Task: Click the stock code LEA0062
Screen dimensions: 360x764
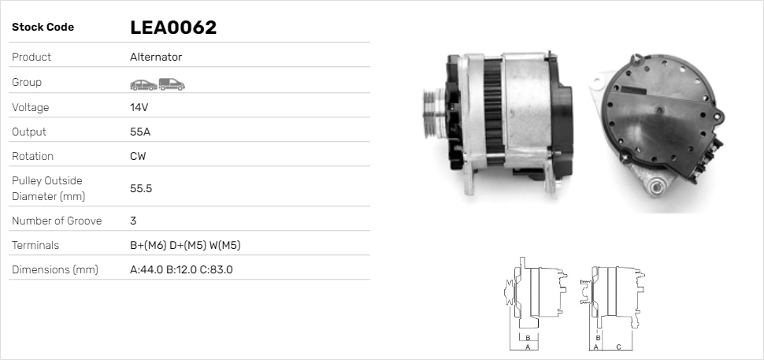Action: click(172, 28)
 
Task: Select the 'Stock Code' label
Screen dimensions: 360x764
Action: click(43, 28)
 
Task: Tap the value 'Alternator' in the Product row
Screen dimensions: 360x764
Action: click(156, 58)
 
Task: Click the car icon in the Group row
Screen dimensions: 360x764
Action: click(143, 84)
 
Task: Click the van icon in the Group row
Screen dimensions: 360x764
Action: click(171, 84)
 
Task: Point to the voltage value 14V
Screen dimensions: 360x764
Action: click(139, 107)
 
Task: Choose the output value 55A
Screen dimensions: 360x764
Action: click(140, 132)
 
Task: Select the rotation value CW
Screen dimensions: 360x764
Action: click(138, 156)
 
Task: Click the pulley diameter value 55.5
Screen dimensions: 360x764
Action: click(141, 188)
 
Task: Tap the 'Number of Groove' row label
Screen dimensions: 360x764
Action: click(57, 221)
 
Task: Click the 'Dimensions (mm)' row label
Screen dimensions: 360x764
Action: click(54, 270)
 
